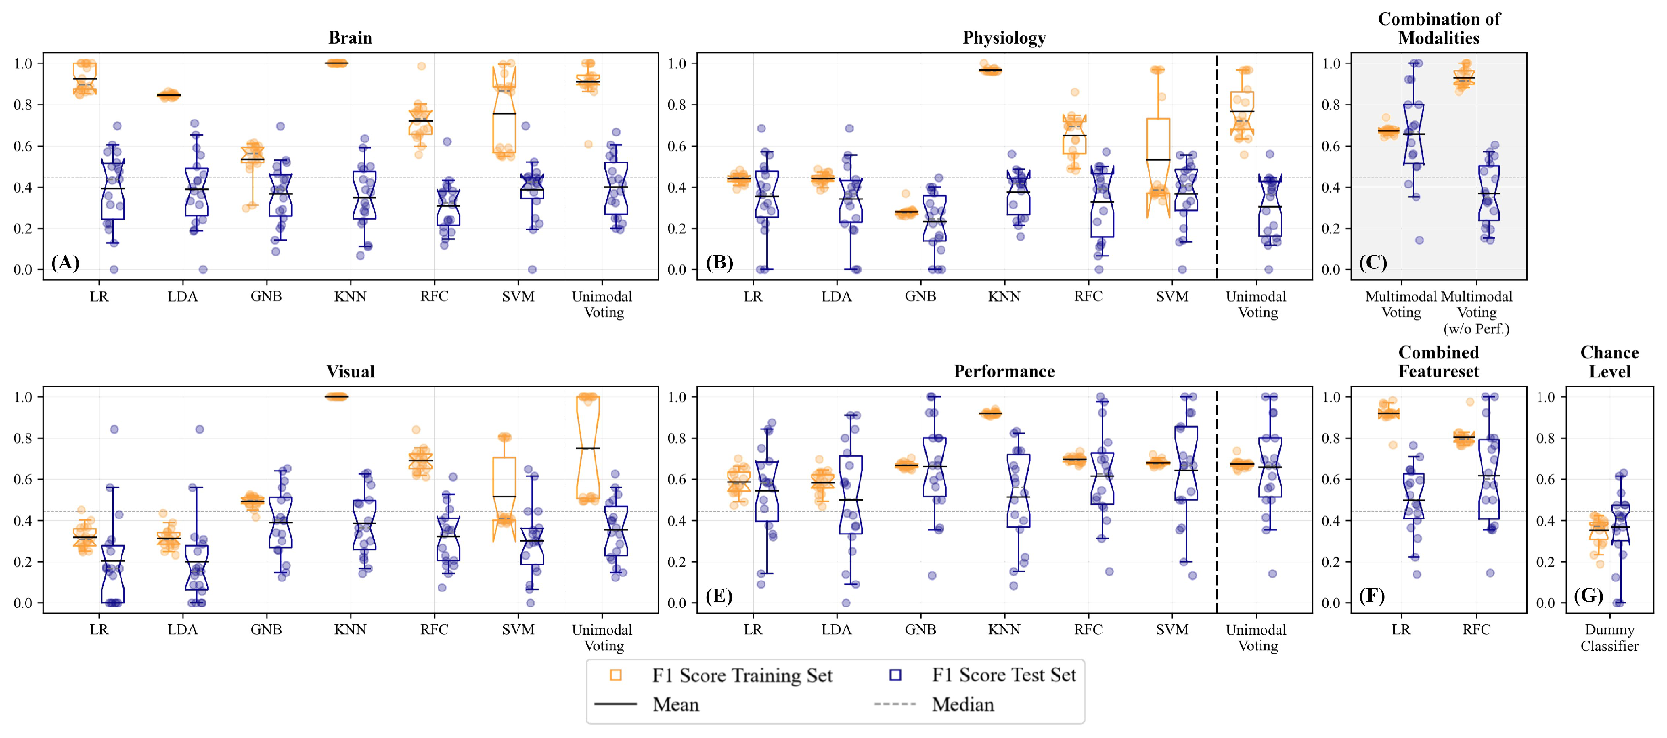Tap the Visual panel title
coord(350,371)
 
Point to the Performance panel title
coord(1004,371)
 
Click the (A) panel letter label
coord(65,262)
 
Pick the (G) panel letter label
coord(1588,595)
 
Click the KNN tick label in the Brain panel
coord(350,297)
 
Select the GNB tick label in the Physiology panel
coord(920,297)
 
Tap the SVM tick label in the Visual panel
coord(518,630)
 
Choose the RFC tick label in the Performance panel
coord(1088,630)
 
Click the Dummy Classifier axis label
coord(1609,638)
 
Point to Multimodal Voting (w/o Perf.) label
coord(1476,312)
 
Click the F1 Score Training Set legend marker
coord(615,675)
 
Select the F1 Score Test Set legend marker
coord(895,675)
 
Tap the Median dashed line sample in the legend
coord(895,704)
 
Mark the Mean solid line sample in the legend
coord(615,704)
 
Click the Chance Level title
coord(1609,361)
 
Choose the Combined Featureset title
coord(1439,361)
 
